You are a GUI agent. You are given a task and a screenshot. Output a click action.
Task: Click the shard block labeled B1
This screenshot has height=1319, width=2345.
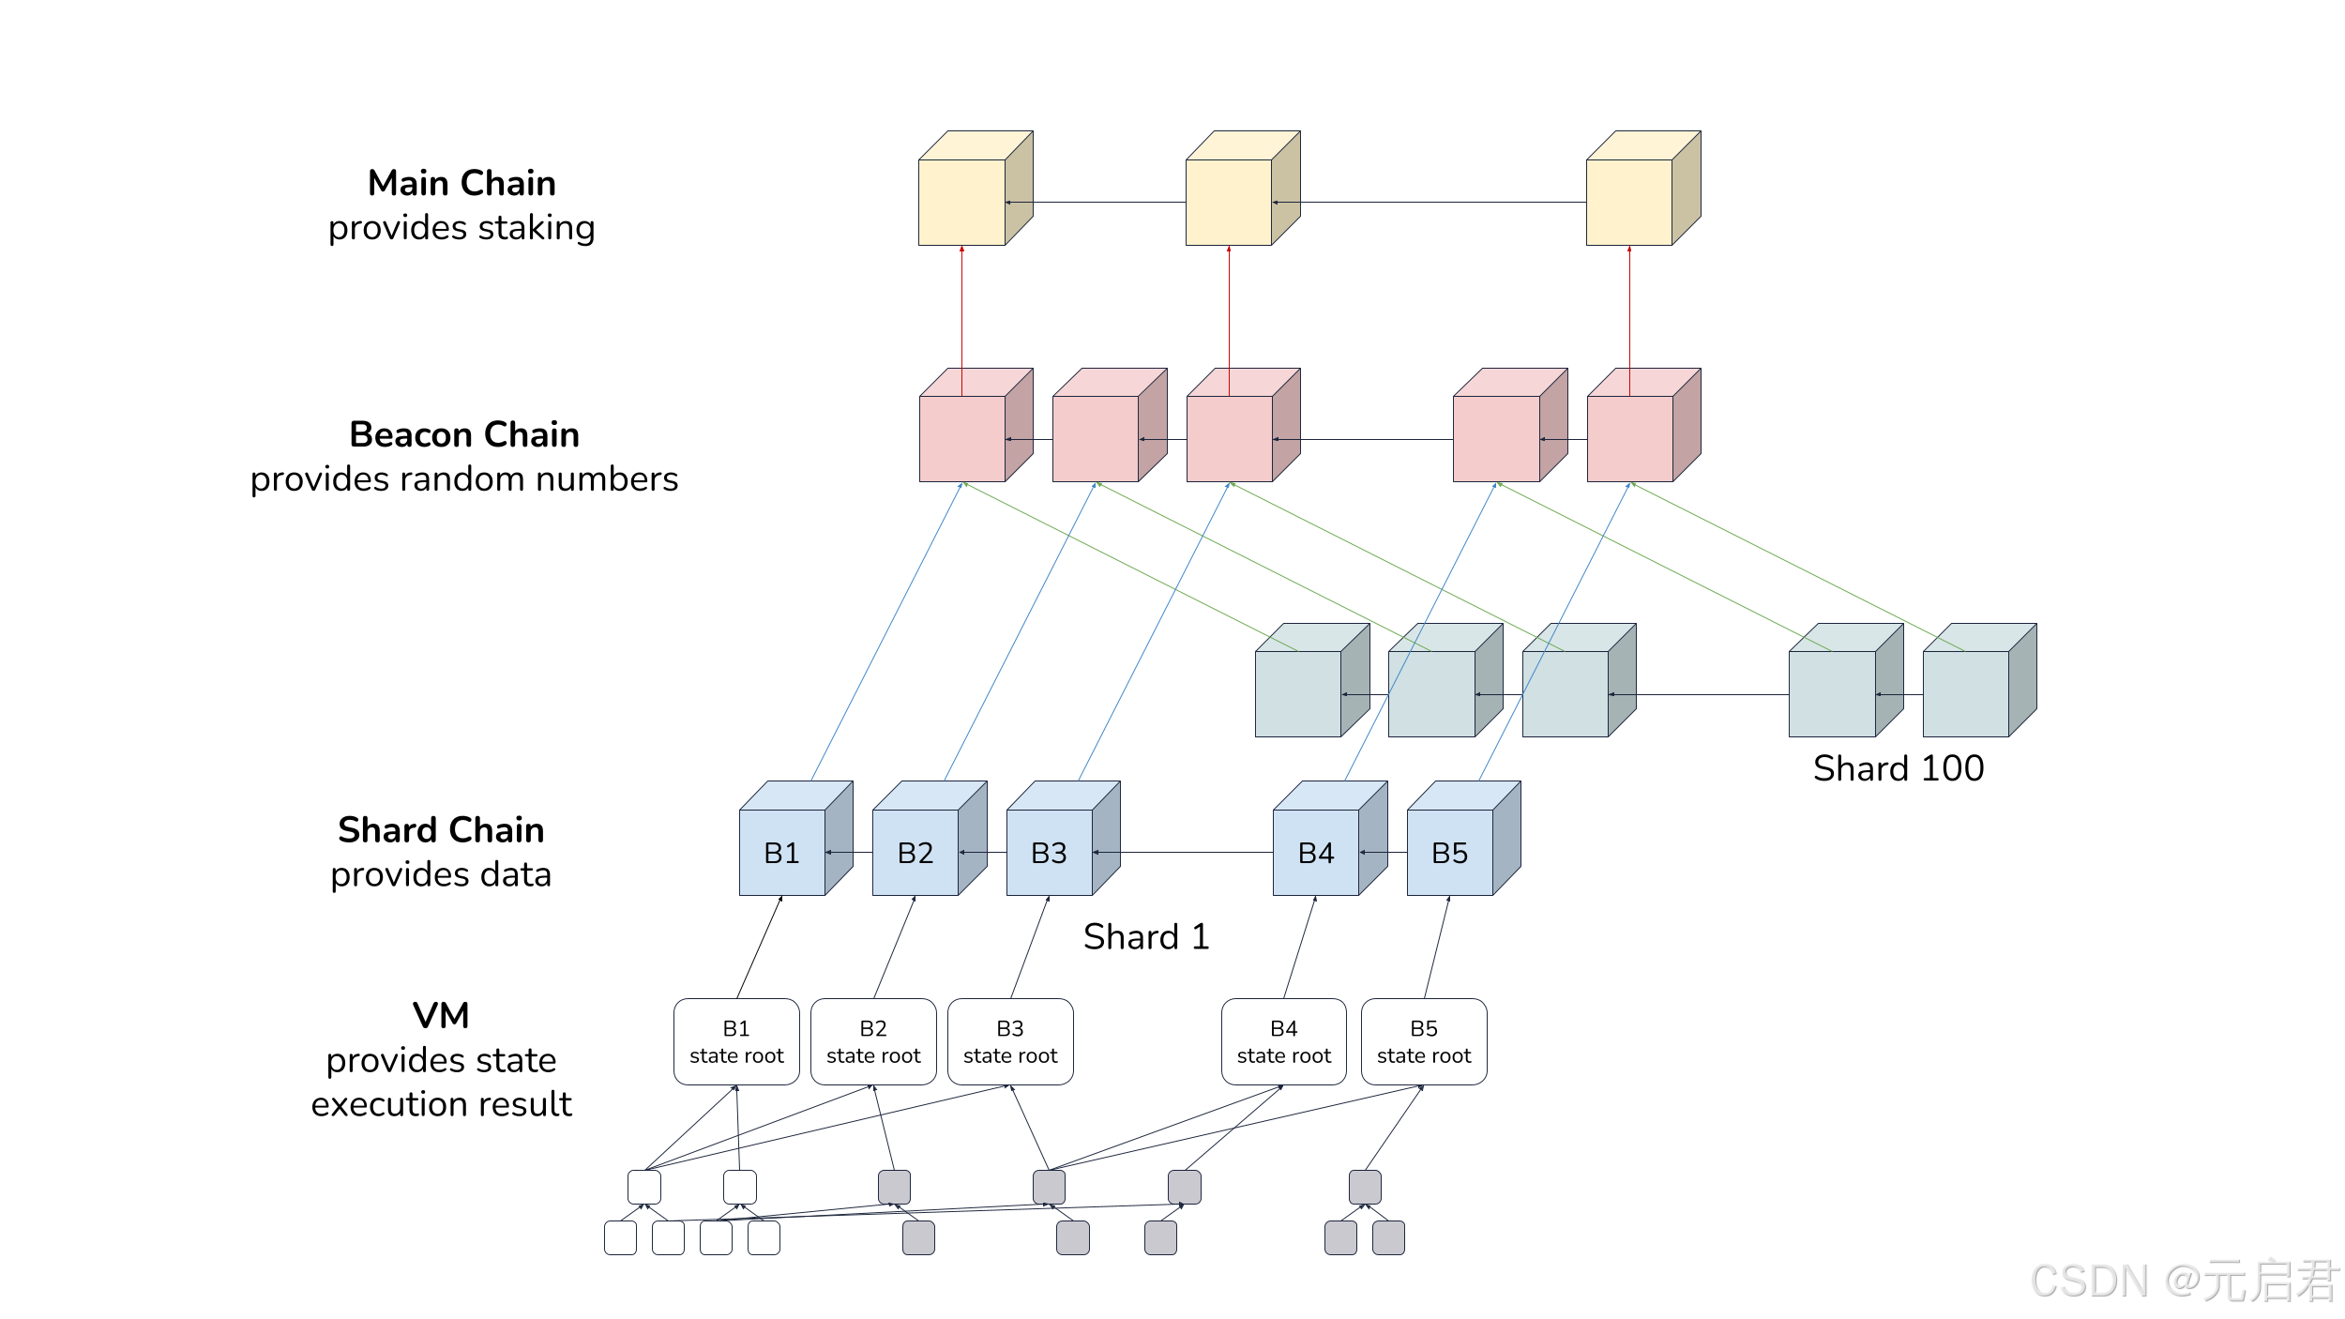(x=795, y=839)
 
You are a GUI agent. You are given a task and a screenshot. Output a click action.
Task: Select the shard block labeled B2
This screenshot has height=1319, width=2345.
(x=929, y=839)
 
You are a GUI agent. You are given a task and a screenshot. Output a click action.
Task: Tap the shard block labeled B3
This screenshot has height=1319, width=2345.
(x=1063, y=839)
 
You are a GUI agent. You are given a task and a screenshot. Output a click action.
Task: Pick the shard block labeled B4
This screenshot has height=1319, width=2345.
(x=1329, y=839)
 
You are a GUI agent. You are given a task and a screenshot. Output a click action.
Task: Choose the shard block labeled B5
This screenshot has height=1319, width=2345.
(x=1463, y=839)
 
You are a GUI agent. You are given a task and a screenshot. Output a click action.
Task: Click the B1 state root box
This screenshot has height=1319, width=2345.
(x=736, y=1042)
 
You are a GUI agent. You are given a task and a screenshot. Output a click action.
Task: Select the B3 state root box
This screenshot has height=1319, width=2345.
(x=1010, y=1042)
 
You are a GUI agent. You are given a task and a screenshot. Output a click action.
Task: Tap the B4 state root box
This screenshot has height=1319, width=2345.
(x=1284, y=1042)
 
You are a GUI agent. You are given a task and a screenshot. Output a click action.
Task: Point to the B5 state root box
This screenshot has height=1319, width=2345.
(x=1424, y=1042)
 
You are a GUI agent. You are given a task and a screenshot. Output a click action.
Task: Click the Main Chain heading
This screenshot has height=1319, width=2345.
(x=461, y=183)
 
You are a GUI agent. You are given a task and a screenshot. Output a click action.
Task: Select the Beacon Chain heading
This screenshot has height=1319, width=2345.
(x=464, y=434)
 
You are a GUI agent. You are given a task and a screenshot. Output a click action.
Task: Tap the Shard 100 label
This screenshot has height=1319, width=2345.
(x=1899, y=768)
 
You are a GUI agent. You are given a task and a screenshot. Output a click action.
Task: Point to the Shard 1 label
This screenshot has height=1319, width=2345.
(x=1146, y=936)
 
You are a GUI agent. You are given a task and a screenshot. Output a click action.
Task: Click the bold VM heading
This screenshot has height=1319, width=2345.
(x=441, y=1015)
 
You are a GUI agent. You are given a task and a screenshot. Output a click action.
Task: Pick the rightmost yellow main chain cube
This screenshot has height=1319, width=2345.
(x=1643, y=189)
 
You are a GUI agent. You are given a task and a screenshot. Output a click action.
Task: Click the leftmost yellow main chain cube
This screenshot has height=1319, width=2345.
(x=976, y=189)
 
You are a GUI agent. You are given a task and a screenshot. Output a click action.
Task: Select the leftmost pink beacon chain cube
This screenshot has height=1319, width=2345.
(x=976, y=425)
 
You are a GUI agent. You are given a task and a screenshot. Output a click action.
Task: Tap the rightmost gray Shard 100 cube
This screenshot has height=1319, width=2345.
(x=1979, y=680)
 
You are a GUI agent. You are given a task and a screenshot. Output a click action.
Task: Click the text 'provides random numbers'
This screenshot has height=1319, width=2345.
(x=464, y=479)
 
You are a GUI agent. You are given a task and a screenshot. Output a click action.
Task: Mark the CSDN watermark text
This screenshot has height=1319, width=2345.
(x=2183, y=1281)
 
